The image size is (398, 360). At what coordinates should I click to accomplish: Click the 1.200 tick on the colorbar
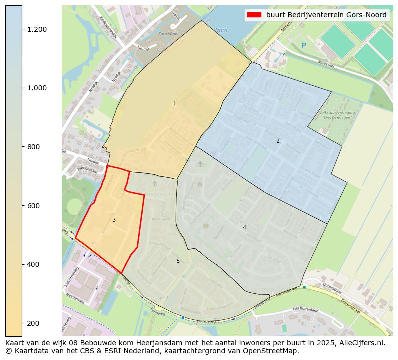pyautogui.click(x=23, y=29)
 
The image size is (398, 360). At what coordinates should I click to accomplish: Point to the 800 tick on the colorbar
pyautogui.click(x=23, y=147)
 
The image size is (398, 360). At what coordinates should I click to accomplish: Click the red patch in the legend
pyautogui.click(x=255, y=15)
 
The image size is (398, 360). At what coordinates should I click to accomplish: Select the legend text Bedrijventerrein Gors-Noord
pyautogui.click(x=326, y=15)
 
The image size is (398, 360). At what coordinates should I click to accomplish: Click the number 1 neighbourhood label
pyautogui.click(x=174, y=104)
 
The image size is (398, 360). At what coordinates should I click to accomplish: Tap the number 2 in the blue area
pyautogui.click(x=278, y=141)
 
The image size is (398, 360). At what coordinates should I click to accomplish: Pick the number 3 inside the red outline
pyautogui.click(x=114, y=220)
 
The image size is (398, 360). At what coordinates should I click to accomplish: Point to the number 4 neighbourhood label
pyautogui.click(x=244, y=227)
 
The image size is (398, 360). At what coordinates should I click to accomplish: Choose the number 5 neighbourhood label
pyautogui.click(x=178, y=261)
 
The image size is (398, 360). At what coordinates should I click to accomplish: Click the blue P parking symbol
pyautogui.click(x=303, y=45)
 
